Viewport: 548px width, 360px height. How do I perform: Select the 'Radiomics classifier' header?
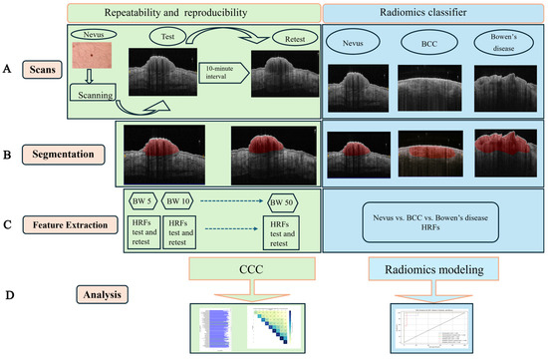pos(435,11)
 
